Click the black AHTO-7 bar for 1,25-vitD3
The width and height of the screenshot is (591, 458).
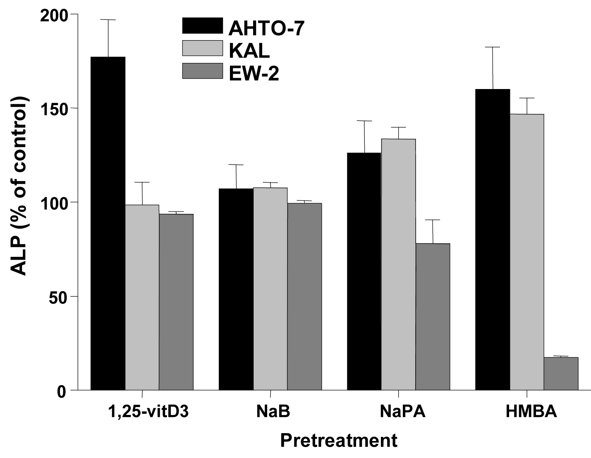tap(108, 224)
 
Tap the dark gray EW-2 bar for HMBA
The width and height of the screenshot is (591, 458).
tap(561, 374)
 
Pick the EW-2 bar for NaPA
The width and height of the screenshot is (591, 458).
tap(433, 317)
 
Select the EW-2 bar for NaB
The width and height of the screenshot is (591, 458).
tap(304, 296)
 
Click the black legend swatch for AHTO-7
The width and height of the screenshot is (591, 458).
tap(202, 26)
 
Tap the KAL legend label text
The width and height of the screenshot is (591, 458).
tap(249, 51)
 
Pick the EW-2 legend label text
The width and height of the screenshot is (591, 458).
tap(254, 73)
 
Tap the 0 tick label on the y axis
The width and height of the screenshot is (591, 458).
tap(62, 391)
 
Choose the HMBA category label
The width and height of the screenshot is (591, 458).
tap(531, 412)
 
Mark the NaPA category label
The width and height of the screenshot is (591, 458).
tap(402, 412)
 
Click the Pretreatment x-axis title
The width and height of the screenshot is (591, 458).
tap(338, 440)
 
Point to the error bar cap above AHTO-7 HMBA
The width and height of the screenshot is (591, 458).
tap(493, 47)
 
